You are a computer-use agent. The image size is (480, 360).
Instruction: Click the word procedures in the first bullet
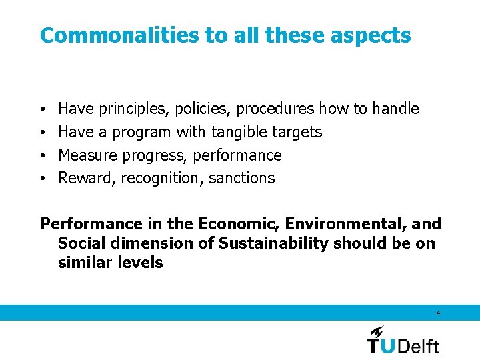click(x=276, y=109)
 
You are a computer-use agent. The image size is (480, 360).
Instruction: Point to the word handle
click(x=395, y=108)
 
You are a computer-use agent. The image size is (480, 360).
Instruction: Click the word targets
click(x=297, y=133)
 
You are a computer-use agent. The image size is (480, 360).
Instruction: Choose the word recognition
click(x=162, y=179)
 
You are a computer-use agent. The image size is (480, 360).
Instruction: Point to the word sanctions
click(x=241, y=178)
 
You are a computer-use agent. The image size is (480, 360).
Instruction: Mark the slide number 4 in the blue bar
click(x=438, y=313)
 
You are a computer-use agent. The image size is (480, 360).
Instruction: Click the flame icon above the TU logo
click(x=377, y=331)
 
